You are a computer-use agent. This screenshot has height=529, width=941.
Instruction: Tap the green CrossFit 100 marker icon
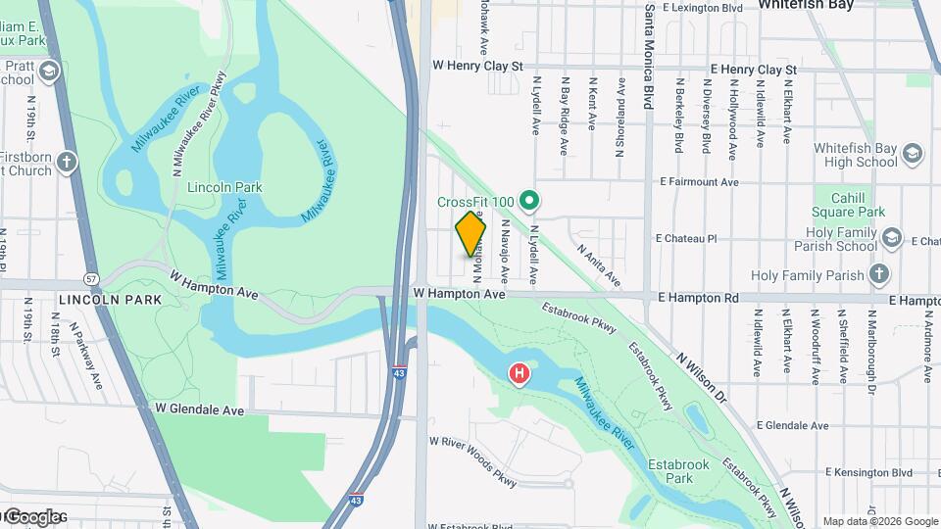tap(530, 202)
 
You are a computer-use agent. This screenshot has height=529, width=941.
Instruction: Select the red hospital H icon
tap(519, 373)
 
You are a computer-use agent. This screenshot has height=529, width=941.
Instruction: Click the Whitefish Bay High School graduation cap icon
tap(914, 154)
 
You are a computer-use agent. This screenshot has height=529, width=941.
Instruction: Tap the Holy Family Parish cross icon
tap(879, 274)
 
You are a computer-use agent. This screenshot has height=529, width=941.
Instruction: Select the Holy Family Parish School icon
tap(892, 237)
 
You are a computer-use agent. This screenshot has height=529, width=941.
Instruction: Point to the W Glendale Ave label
tap(199, 409)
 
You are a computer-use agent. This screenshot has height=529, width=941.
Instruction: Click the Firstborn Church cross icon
tap(67, 162)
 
